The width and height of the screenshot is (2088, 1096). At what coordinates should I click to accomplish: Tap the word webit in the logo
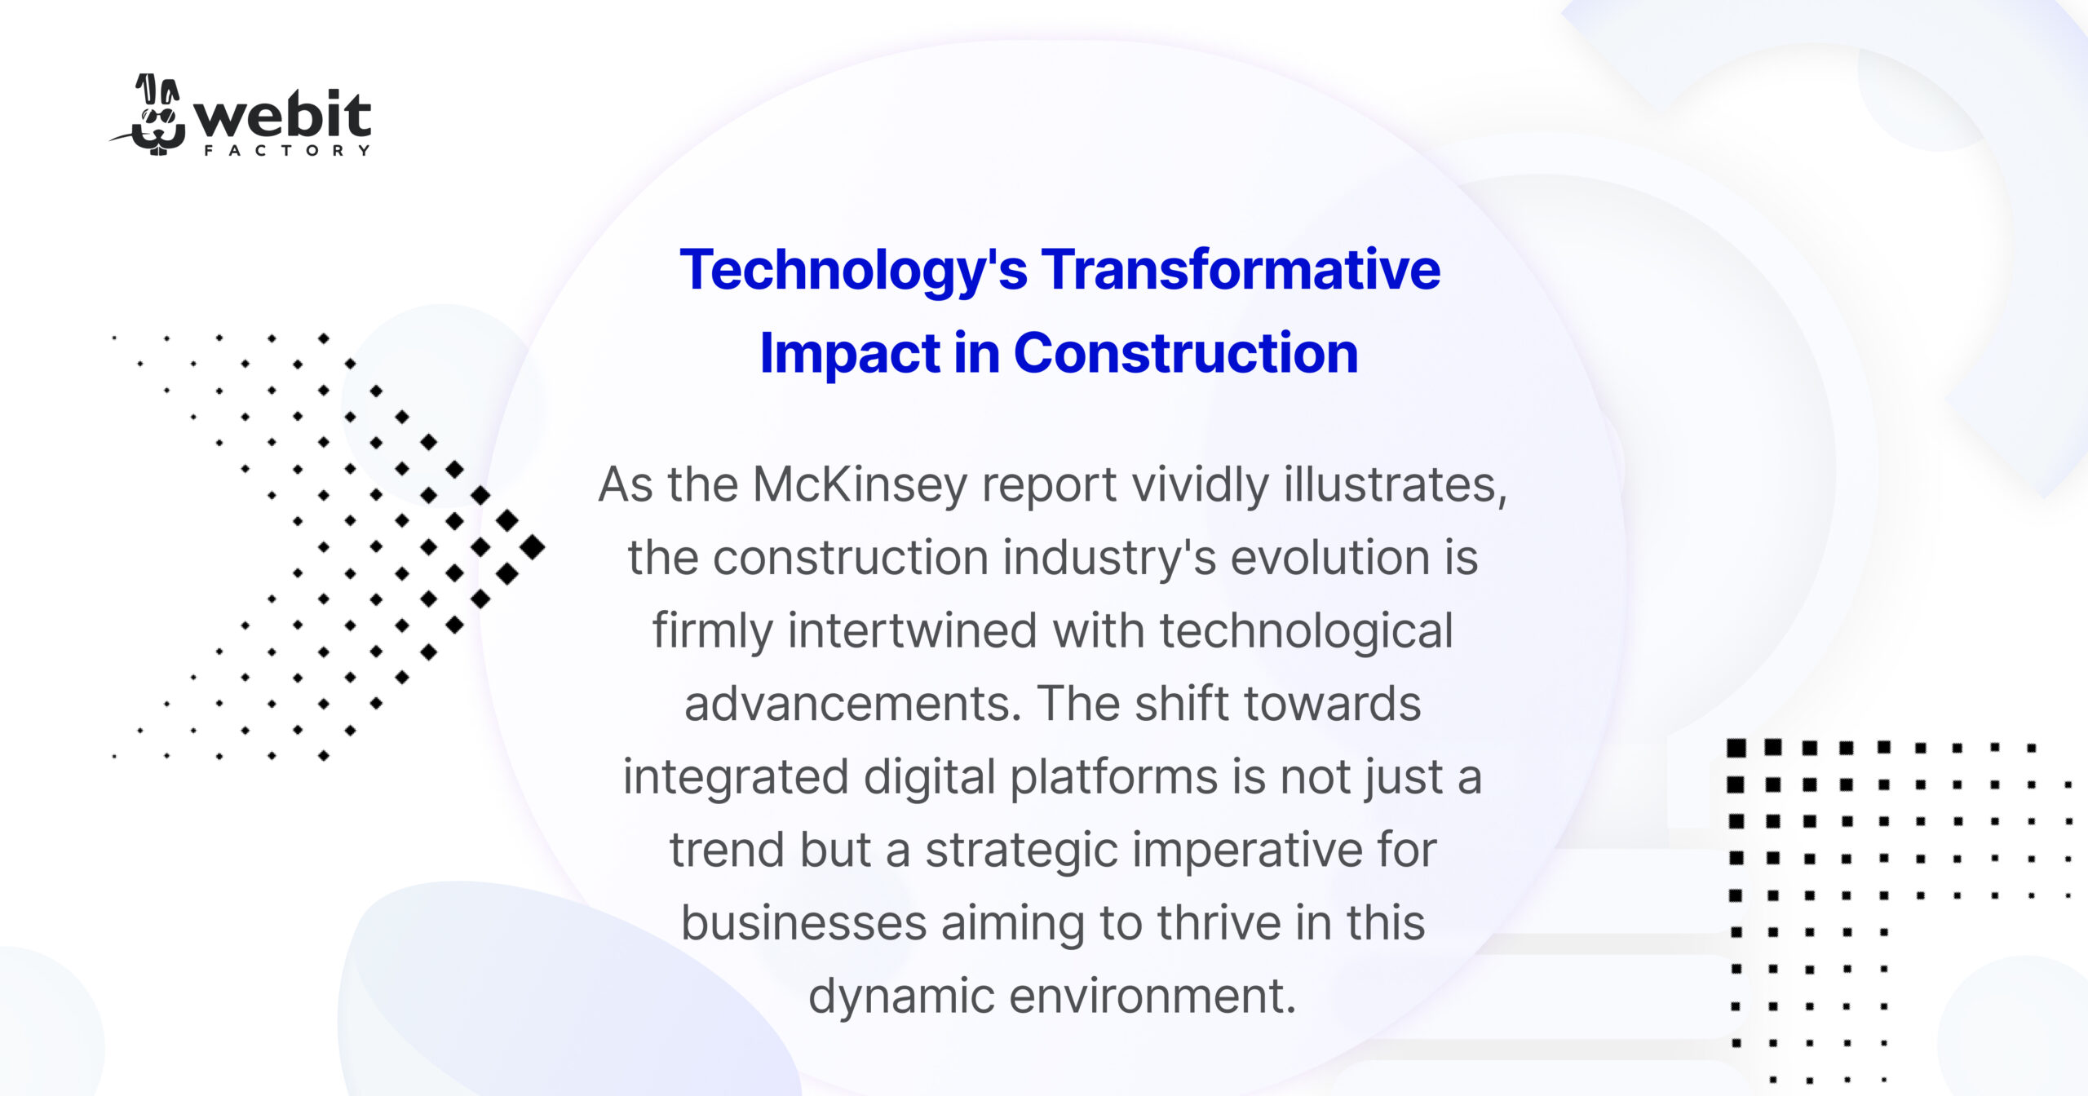point(283,117)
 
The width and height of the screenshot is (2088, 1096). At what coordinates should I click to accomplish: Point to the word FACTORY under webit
point(287,151)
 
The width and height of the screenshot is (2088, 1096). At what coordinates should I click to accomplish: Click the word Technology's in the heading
point(853,271)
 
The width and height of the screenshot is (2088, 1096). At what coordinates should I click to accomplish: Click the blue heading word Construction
point(1186,353)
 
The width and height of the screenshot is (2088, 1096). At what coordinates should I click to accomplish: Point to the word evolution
point(1330,558)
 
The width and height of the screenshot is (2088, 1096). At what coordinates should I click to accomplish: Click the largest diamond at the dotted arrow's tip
point(533,547)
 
